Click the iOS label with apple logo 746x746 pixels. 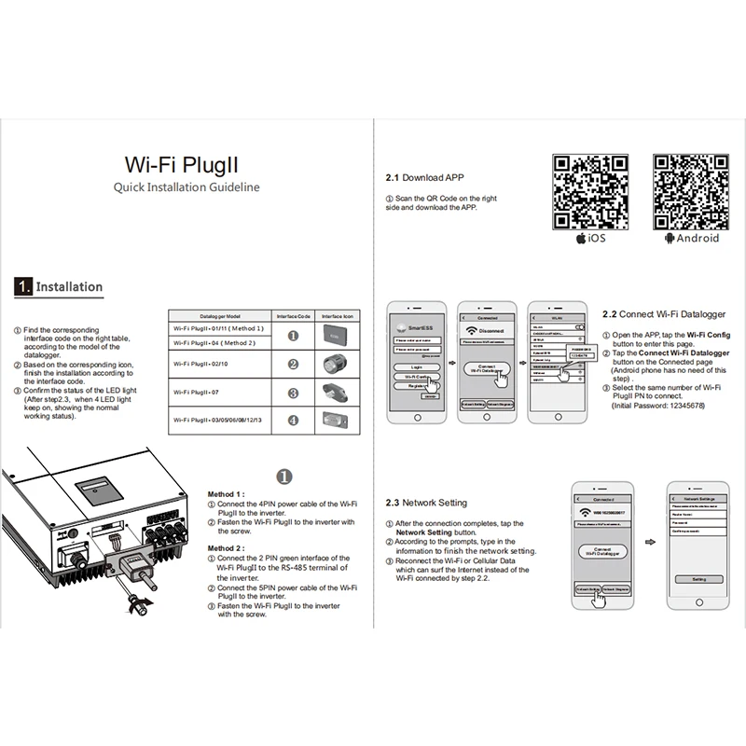point(591,239)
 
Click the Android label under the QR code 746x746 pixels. point(692,239)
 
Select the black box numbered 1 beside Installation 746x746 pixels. point(23,287)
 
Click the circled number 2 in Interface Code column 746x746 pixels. point(293,365)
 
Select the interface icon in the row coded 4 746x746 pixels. point(337,421)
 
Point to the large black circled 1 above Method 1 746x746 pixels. point(286,476)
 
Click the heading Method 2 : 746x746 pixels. point(226,548)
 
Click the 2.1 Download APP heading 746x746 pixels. point(424,177)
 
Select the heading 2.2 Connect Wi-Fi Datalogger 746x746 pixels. point(663,315)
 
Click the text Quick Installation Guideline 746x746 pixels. point(186,187)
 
